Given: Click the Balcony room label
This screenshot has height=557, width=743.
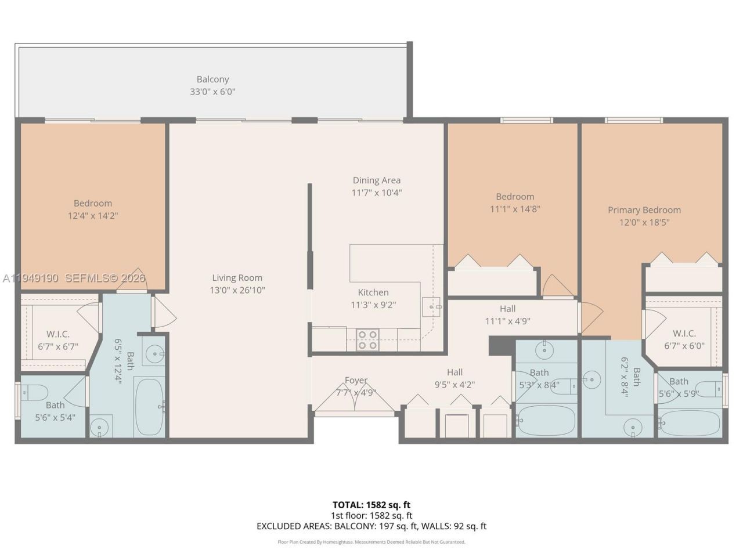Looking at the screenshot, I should tap(212, 79).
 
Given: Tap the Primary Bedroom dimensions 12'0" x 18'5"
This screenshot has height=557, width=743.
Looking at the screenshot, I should tap(644, 222).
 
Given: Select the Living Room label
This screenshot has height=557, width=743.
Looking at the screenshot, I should tap(237, 278).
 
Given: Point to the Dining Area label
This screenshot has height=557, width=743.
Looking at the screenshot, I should tap(376, 180).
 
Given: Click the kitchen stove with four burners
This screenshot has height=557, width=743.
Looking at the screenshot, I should tap(366, 339).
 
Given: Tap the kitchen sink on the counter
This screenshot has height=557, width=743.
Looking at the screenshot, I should tap(432, 306).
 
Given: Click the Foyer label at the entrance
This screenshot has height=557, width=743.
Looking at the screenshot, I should tap(356, 381).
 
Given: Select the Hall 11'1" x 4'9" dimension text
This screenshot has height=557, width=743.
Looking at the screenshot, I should tap(507, 321).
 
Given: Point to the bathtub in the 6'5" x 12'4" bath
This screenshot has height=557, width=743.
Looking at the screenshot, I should tap(150, 407).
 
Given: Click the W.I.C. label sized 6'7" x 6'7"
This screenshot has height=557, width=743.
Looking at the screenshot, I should tap(58, 334).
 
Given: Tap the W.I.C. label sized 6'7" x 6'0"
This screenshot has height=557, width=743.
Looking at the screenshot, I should tap(684, 333).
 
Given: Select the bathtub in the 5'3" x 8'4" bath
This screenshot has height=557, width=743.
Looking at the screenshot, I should tap(545, 421).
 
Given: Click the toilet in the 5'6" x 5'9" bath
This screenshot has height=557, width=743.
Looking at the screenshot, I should tap(708, 388).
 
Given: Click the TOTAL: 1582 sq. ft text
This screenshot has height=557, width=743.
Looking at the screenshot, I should tap(371, 505).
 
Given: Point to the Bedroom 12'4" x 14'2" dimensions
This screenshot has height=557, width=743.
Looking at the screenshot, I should tap(93, 216).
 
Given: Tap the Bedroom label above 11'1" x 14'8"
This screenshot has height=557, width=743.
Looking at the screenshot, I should tap(515, 197).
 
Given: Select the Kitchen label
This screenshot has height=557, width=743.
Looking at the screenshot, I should tap(373, 292).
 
